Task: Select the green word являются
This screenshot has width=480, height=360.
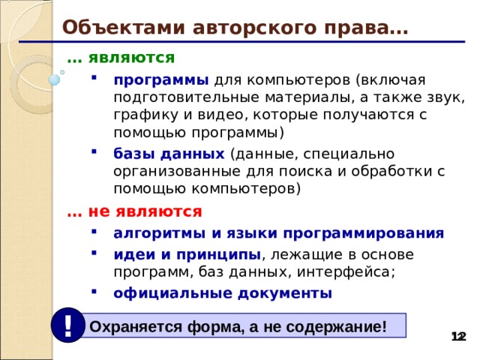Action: pyautogui.click(x=131, y=57)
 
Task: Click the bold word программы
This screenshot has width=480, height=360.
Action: pyautogui.click(x=161, y=80)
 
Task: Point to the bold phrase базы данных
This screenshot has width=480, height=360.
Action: pyautogui.click(x=169, y=154)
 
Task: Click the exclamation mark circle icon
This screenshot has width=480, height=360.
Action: pyautogui.click(x=68, y=325)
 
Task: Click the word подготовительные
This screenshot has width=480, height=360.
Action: pyautogui.click(x=188, y=98)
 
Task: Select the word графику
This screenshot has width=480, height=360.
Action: pyautogui.click(x=145, y=116)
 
